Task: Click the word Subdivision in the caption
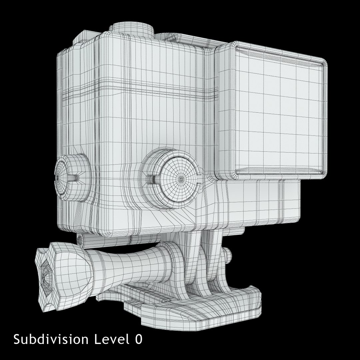click(x=51, y=339)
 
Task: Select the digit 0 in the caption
click(x=138, y=339)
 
